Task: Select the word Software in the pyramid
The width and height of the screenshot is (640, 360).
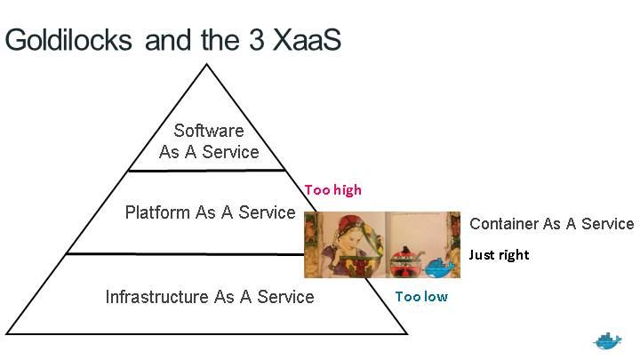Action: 209,132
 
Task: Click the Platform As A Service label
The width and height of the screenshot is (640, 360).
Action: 210,212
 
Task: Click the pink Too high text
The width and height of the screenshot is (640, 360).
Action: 333,189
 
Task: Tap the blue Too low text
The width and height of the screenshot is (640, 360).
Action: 421,296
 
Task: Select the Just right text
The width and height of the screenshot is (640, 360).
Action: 499,255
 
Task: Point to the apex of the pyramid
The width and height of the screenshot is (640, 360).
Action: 206,64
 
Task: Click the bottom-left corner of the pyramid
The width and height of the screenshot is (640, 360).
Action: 6,334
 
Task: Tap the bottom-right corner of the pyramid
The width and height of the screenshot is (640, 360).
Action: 406,334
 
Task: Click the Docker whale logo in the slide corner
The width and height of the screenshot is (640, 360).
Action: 608,340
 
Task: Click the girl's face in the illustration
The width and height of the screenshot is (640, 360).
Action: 349,238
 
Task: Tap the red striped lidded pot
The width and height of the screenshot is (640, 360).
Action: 408,260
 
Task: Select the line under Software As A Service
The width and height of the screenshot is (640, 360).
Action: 206,170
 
